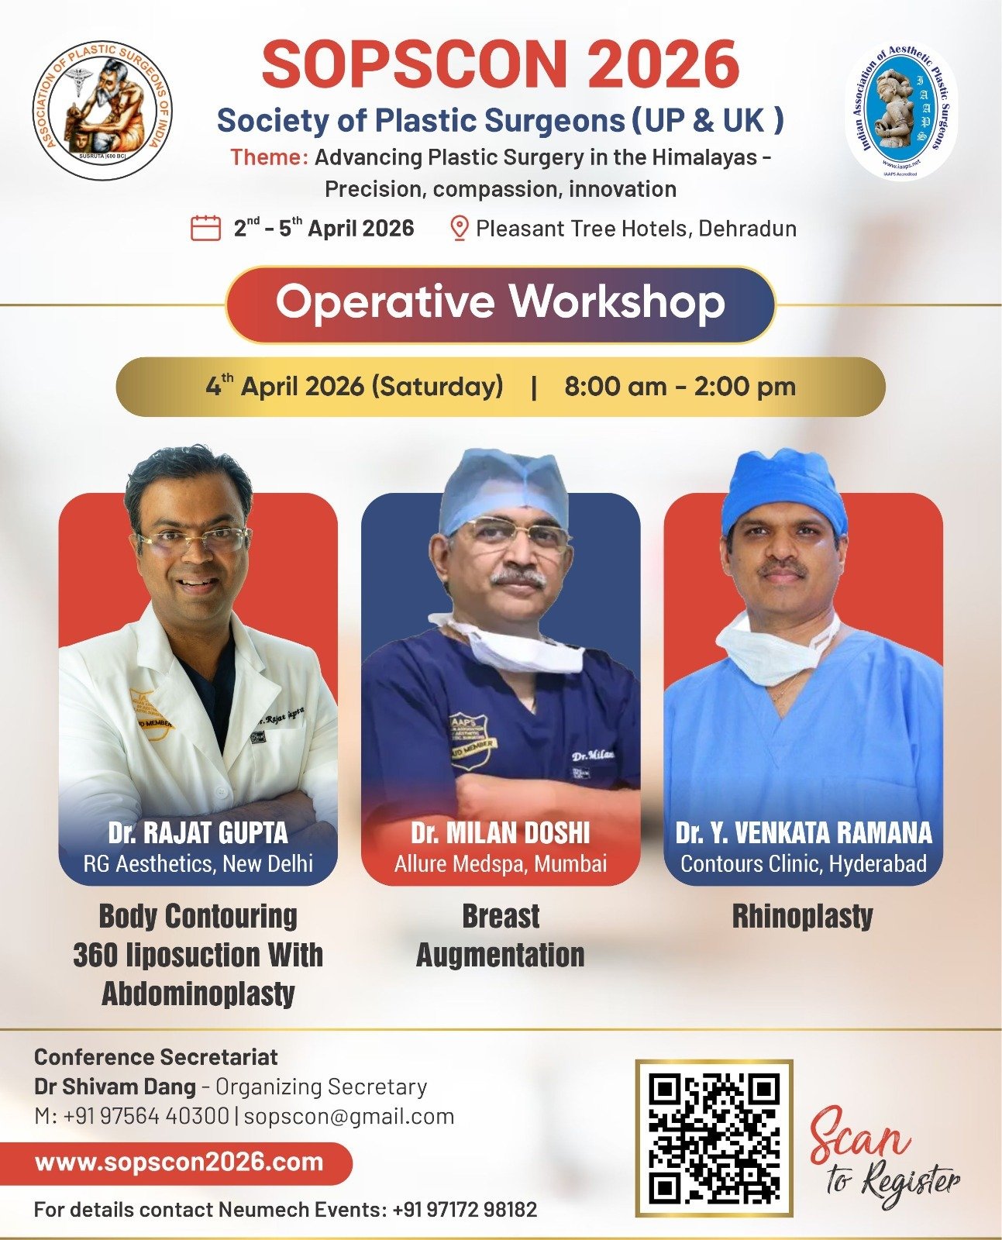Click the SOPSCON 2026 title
(500, 65)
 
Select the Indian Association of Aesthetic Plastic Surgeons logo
(900, 109)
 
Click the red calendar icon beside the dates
(206, 228)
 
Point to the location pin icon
(459, 229)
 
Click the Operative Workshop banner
(500, 303)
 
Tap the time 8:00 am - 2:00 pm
(680, 386)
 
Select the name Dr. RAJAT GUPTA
(198, 832)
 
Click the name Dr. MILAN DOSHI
(501, 832)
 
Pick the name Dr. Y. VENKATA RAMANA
(804, 832)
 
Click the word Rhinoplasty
(803, 916)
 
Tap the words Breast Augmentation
(501, 935)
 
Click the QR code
(714, 1138)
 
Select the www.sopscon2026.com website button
(179, 1162)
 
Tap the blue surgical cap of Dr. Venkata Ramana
(783, 489)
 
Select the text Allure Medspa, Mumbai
(501, 863)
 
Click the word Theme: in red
(269, 157)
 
